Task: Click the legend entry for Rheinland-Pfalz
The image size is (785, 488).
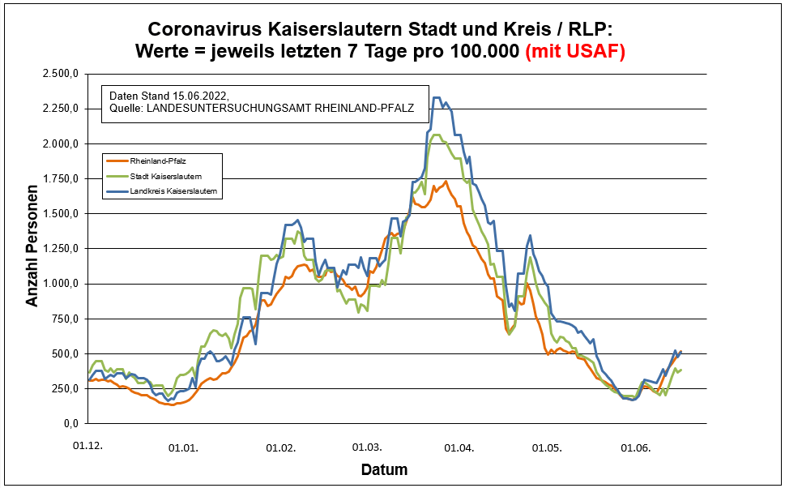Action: pyautogui.click(x=152, y=161)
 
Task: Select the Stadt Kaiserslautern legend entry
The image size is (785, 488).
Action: pyautogui.click(x=165, y=176)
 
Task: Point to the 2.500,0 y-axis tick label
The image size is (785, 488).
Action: pyautogui.click(x=59, y=74)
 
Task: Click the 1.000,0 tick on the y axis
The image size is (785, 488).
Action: pyautogui.click(x=59, y=284)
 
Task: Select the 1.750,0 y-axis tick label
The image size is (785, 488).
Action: pyautogui.click(x=59, y=178)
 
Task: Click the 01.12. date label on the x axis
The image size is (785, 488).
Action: pyautogui.click(x=88, y=447)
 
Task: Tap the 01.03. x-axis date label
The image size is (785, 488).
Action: pyautogui.click(x=366, y=447)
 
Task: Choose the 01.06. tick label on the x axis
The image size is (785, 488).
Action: pyautogui.click(x=635, y=447)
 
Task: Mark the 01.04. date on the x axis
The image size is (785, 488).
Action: pyautogui.click(x=459, y=447)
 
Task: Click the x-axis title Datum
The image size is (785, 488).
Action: pyautogui.click(x=384, y=469)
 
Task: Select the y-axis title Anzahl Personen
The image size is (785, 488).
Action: pyautogui.click(x=32, y=249)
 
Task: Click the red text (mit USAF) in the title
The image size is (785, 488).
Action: pyautogui.click(x=575, y=51)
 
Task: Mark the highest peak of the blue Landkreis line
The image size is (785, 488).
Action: pyautogui.click(x=436, y=98)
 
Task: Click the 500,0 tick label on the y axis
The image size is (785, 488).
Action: pyautogui.click(x=64, y=353)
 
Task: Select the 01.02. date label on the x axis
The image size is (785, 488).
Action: pyautogui.click(x=279, y=447)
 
